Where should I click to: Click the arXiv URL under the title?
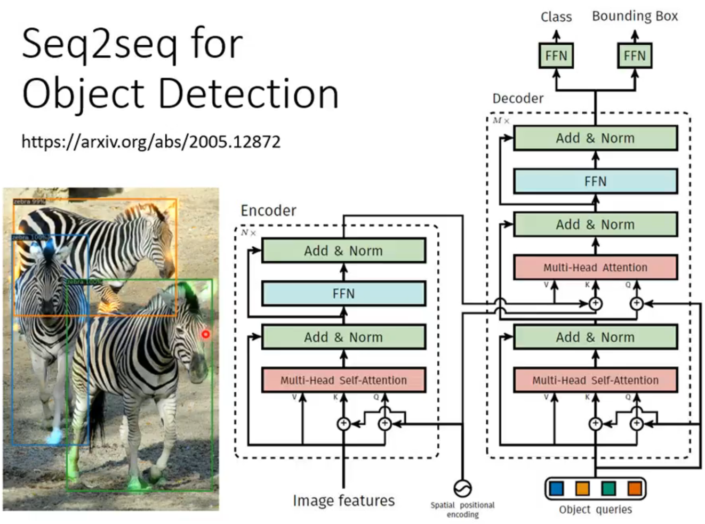[151, 142]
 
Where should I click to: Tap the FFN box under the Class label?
[556, 56]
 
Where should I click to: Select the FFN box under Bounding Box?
[634, 56]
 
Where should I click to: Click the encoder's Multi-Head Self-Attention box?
[343, 380]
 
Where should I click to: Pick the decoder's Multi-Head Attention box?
[595, 268]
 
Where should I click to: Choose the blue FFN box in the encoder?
[343, 294]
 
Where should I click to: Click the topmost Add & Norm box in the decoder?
[595, 138]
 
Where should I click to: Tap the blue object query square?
[556, 488]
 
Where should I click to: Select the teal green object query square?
[608, 488]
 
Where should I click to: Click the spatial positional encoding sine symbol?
[462, 488]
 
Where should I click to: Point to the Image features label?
[343, 501]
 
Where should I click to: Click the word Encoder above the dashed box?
[268, 211]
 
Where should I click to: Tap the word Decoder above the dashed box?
[518, 99]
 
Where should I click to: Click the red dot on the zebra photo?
[205, 334]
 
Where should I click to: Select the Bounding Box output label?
[635, 16]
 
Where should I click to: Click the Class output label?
[556, 17]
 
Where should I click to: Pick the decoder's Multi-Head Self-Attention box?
[595, 380]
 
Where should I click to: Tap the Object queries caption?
[595, 510]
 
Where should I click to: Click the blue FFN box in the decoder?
[595, 182]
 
